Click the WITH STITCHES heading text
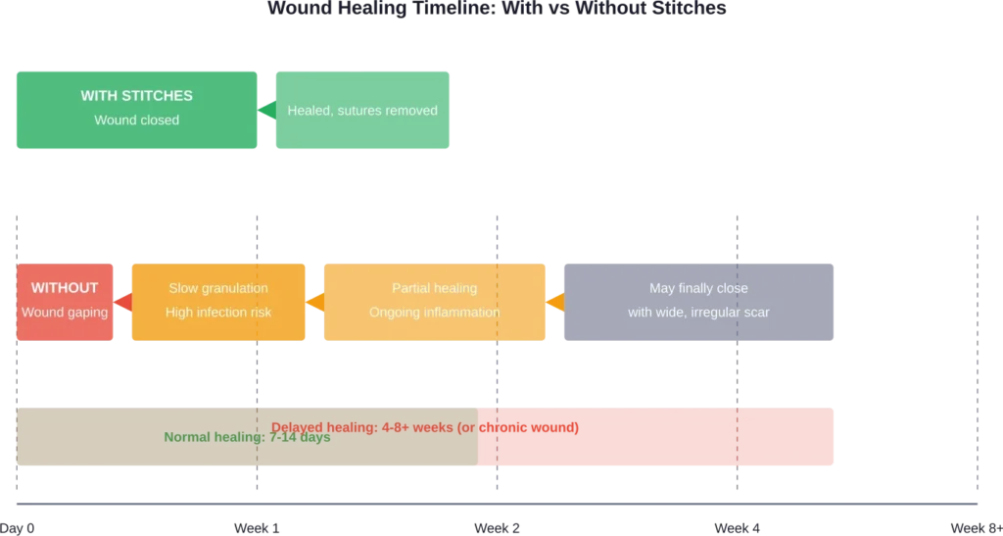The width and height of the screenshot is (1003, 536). pos(136,96)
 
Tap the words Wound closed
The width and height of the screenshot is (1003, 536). pos(136,121)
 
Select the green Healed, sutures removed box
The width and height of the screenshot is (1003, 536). pos(362,111)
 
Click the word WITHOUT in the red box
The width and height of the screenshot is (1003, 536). pos(65,288)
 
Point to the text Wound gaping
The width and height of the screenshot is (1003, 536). pos(65,313)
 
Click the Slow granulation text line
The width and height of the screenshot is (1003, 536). pos(218,288)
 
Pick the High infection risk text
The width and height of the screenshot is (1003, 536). pos(218,313)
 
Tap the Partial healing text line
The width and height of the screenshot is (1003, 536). pos(434,288)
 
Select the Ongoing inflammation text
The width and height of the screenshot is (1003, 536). pos(434,313)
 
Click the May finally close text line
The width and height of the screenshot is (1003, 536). pos(698,288)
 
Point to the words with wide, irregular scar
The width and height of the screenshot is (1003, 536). pos(698,313)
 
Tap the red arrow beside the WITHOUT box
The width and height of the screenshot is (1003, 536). pos(123,301)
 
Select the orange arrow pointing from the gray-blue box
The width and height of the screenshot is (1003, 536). pos(554,301)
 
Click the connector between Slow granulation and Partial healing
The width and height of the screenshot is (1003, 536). pos(313,301)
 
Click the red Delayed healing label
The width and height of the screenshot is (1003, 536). pos(372,427)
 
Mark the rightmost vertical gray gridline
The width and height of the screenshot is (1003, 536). pos(975,353)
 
